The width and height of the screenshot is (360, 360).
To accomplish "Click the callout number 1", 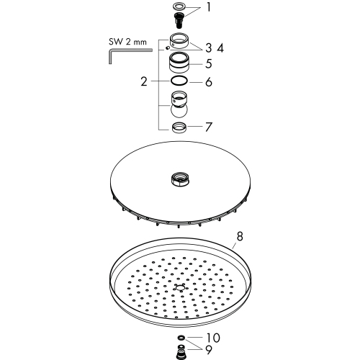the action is coord(209,7).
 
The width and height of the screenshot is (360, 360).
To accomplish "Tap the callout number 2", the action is coord(144,81).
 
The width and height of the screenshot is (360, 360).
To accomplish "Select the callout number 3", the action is coord(208,48).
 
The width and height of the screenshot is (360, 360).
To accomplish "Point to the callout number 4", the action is coord(220,48).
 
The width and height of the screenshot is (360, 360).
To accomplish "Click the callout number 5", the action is coord(209,63).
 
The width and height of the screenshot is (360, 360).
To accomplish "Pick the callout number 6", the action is coord(209,82).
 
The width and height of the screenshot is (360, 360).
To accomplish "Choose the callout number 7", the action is coord(209,127).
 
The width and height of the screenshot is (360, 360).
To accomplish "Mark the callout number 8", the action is coord(240,236).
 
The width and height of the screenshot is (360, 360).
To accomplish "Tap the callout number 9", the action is coord(209,350).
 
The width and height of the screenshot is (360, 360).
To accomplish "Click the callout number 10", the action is coord(212,338).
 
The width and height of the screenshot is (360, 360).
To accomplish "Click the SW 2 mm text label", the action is coord(127,42).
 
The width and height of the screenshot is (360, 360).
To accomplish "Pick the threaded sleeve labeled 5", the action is coord(179,63).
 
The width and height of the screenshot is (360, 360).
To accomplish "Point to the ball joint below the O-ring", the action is coord(179,104).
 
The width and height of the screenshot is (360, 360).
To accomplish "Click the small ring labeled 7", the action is coord(179,127).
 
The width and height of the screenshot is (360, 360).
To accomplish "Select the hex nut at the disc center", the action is coord(180,179).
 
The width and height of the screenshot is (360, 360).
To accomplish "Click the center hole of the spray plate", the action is coord(180,287).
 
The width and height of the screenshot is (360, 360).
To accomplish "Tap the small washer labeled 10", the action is coord(181,338).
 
